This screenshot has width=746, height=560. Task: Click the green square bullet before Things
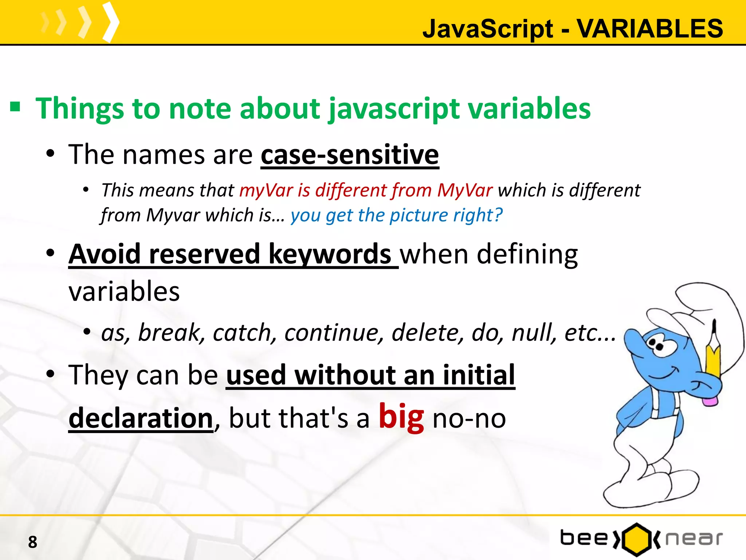(15, 107)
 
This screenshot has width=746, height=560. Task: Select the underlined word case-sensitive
(350, 155)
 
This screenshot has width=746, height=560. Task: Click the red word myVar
(266, 190)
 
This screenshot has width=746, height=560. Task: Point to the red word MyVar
(465, 190)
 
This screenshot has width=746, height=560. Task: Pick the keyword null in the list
(534, 332)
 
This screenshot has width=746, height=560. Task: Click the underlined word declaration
(141, 418)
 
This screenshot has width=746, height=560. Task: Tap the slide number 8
(32, 542)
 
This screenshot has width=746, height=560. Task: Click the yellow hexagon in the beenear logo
(636, 539)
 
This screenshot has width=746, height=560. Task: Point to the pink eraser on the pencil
(710, 401)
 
